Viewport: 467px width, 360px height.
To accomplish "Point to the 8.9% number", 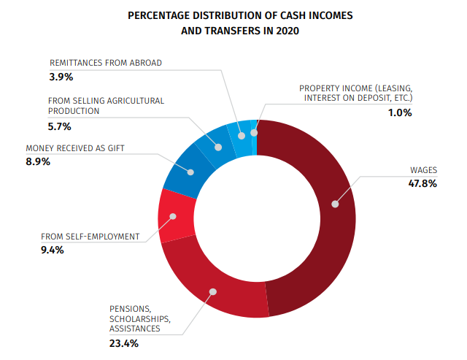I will (38, 161).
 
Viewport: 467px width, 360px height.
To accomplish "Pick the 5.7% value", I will (62, 126).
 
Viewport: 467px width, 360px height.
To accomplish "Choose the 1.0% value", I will (400, 112).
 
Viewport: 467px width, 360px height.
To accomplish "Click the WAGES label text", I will (423, 170).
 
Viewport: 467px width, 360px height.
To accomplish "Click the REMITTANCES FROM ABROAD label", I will (106, 63).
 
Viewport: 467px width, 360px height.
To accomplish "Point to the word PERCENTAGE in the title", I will (160, 15).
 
